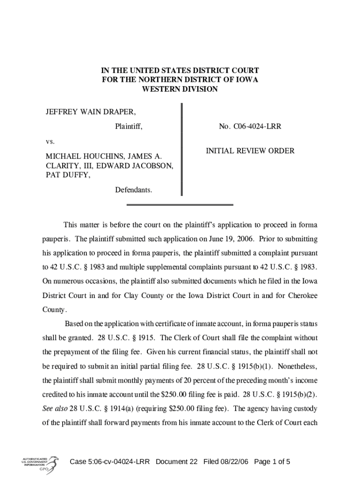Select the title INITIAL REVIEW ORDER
(x=250, y=151)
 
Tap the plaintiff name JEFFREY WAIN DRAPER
(x=91, y=112)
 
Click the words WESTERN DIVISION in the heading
(x=180, y=89)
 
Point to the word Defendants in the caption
(x=133, y=190)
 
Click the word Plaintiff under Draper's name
(x=129, y=126)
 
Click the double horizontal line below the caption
(x=180, y=205)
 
